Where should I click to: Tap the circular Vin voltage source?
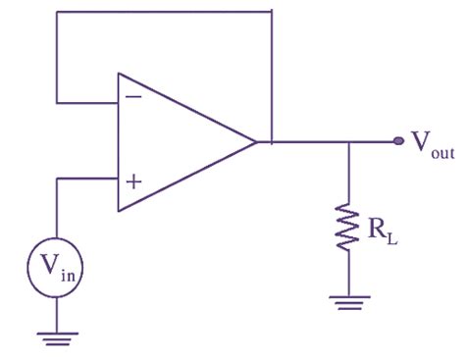click(x=58, y=263)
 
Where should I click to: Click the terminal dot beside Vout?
click(x=398, y=141)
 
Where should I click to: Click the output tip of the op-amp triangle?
click(x=256, y=141)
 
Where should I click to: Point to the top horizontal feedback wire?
click(x=162, y=12)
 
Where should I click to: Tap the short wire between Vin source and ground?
click(x=58, y=312)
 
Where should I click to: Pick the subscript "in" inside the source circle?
click(x=68, y=269)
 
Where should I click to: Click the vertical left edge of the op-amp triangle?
click(x=118, y=141)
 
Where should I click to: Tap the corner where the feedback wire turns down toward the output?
click(x=271, y=12)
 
